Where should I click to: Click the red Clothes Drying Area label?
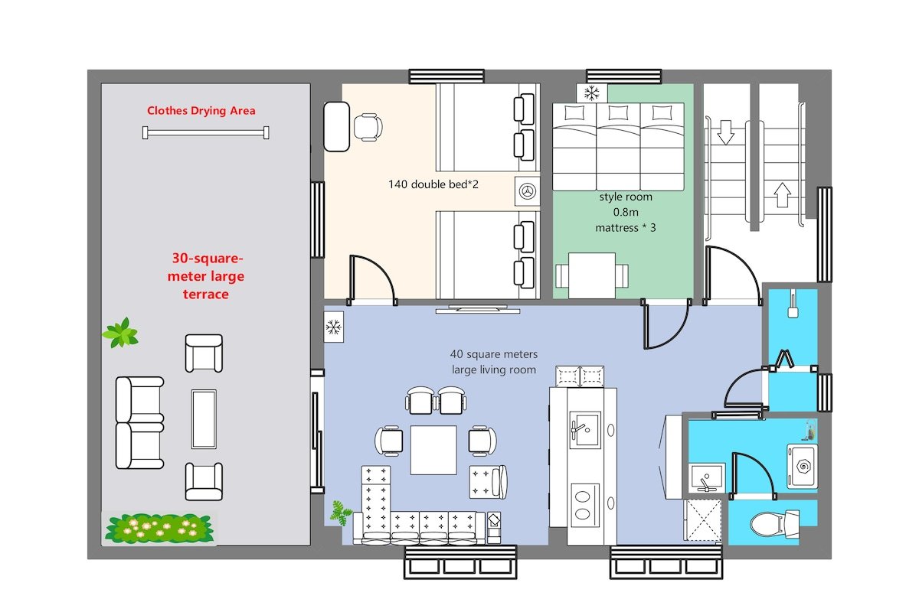(x=201, y=111)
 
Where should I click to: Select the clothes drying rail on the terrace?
(x=205, y=133)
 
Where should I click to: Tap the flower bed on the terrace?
(x=159, y=528)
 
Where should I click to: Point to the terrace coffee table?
(x=204, y=419)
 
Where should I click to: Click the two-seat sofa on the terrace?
(x=139, y=422)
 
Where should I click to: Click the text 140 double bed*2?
(x=433, y=184)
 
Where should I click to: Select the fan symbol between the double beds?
(x=527, y=191)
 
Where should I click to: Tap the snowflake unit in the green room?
(x=591, y=93)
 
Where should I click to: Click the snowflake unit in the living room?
(x=334, y=327)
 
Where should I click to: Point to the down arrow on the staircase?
(x=726, y=132)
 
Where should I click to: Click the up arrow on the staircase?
(x=783, y=195)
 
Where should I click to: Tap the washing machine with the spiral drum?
(x=803, y=466)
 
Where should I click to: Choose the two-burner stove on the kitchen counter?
(x=585, y=505)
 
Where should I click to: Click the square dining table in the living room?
(x=433, y=450)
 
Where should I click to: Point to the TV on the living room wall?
(x=478, y=309)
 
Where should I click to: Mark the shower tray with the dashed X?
(x=703, y=519)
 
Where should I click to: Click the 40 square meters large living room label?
(x=494, y=362)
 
